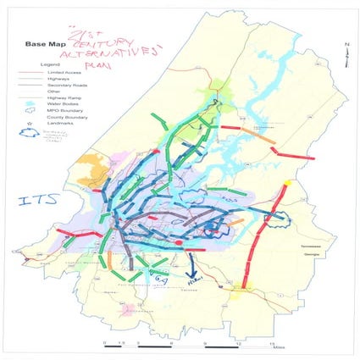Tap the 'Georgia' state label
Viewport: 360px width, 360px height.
[326, 245]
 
